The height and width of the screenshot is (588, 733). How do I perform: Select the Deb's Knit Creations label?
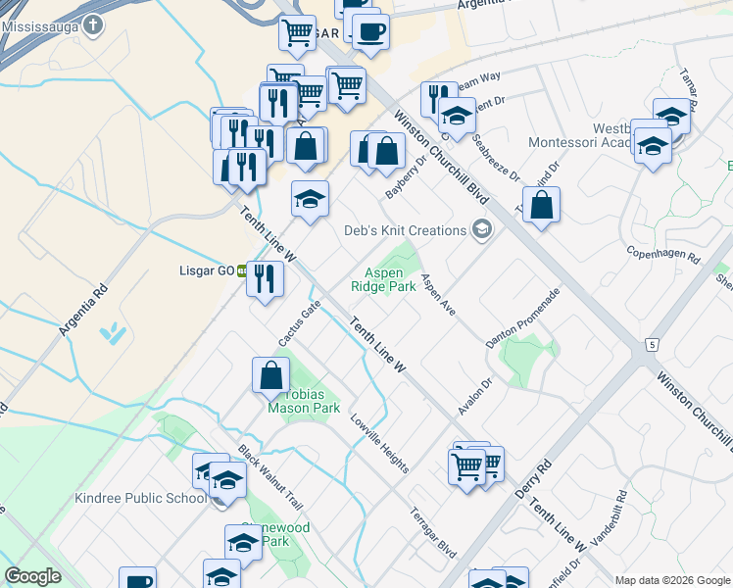(405, 230)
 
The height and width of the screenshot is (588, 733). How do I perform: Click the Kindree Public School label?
(141, 498)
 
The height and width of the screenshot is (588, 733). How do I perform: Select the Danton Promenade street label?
(522, 318)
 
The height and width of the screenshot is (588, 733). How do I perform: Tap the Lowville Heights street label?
(378, 442)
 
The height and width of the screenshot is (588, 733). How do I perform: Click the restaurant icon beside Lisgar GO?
(265, 278)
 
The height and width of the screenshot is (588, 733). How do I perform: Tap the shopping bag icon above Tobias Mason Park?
(271, 374)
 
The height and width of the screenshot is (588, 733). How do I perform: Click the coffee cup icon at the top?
(370, 30)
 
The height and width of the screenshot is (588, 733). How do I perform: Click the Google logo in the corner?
(32, 576)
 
